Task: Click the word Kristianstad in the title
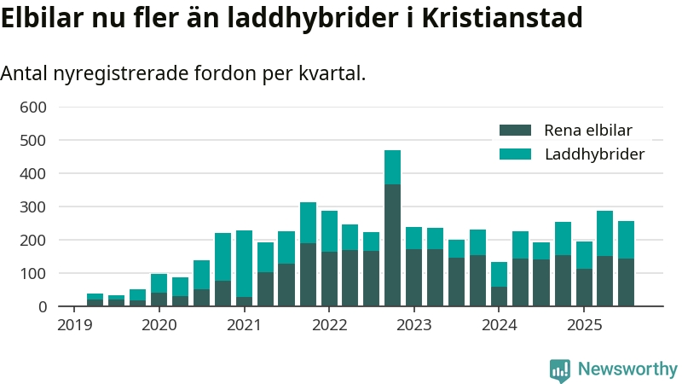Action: [511, 18]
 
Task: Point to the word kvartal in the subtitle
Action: [332, 73]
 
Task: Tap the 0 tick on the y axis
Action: [41, 307]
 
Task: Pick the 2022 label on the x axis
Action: [329, 325]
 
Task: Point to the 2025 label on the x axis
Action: [585, 325]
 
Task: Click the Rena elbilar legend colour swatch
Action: [515, 131]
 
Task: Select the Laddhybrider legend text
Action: [594, 154]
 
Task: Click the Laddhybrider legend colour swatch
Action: [515, 154]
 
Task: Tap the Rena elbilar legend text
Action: [588, 131]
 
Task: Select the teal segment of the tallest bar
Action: [392, 167]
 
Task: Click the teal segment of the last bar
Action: [626, 240]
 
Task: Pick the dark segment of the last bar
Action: [626, 282]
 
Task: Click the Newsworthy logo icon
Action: [560, 369]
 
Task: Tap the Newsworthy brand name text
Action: [627, 369]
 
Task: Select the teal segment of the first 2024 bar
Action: [499, 274]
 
